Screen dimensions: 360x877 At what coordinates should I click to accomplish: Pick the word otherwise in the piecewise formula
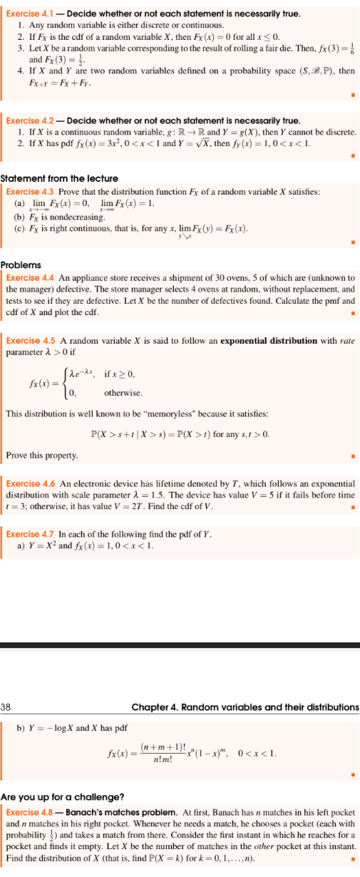tap(123, 393)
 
